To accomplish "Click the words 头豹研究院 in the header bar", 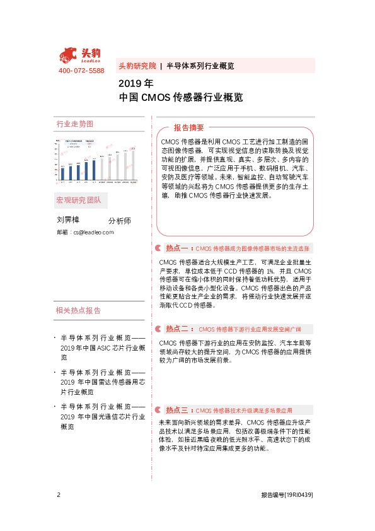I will click(x=137, y=66).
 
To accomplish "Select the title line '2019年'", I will click(x=136, y=83).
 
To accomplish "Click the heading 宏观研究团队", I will click(x=82, y=201).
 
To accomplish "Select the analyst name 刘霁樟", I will click(x=68, y=220).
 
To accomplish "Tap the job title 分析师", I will click(x=119, y=221).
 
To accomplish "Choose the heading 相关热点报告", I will click(x=78, y=310).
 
